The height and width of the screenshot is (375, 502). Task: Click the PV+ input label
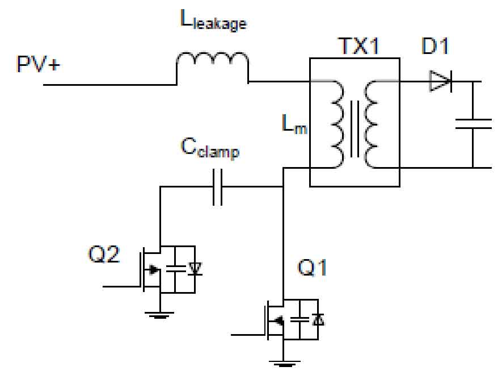pos(38,64)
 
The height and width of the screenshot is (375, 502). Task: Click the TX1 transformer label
pos(359,46)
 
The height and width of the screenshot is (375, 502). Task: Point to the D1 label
pos(435,46)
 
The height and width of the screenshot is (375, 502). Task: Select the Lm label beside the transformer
pos(294,124)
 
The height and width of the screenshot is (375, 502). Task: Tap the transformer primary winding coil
pos(337,124)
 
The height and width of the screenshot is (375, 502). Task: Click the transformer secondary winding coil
pos(372,124)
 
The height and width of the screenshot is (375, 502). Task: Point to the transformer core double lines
pos(355,128)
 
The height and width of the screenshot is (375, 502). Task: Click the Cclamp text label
pos(210,148)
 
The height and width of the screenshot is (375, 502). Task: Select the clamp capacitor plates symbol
pos(218,187)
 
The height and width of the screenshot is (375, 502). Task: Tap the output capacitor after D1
pos(473,124)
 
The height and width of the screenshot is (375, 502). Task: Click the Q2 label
pos(103,255)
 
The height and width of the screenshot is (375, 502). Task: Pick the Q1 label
pos(312,267)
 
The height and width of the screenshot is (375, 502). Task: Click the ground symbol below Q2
pos(160,315)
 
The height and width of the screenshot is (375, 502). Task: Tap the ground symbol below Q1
pos(284,364)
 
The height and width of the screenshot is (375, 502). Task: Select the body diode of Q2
pos(195,269)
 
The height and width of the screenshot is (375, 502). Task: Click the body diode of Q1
pos(318,319)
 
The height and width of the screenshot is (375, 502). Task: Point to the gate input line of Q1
pos(248,335)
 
